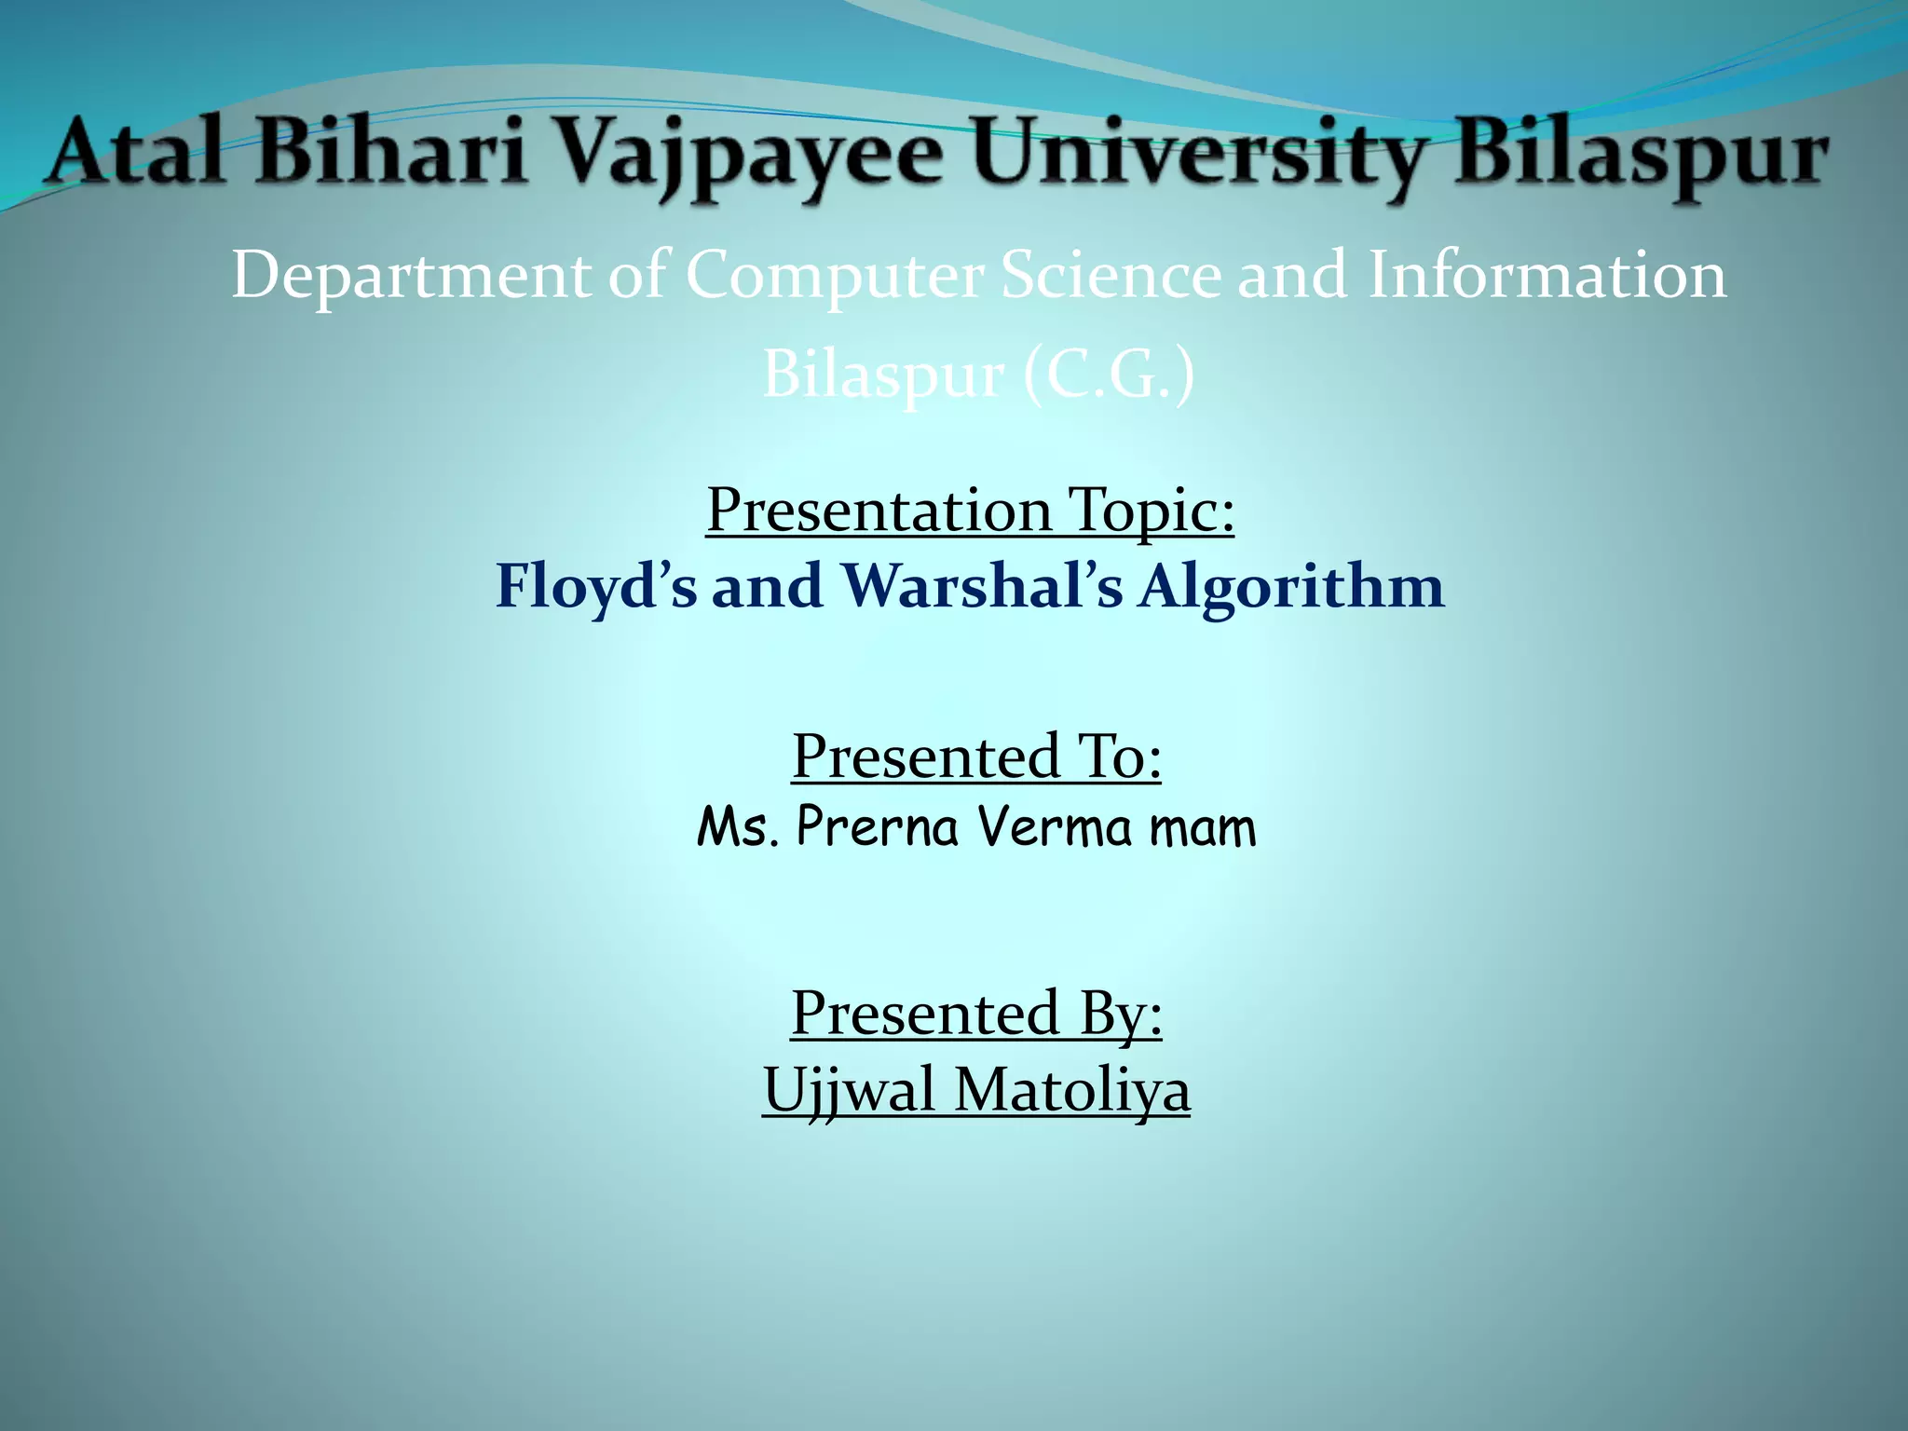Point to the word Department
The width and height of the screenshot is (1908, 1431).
[411, 277]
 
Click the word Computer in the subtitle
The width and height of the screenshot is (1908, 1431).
[835, 277]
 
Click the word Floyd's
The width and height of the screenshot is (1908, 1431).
[595, 588]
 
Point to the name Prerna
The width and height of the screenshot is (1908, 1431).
[877, 827]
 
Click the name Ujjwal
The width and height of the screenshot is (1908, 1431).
[849, 1090]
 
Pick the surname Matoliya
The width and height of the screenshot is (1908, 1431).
[1072, 1089]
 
